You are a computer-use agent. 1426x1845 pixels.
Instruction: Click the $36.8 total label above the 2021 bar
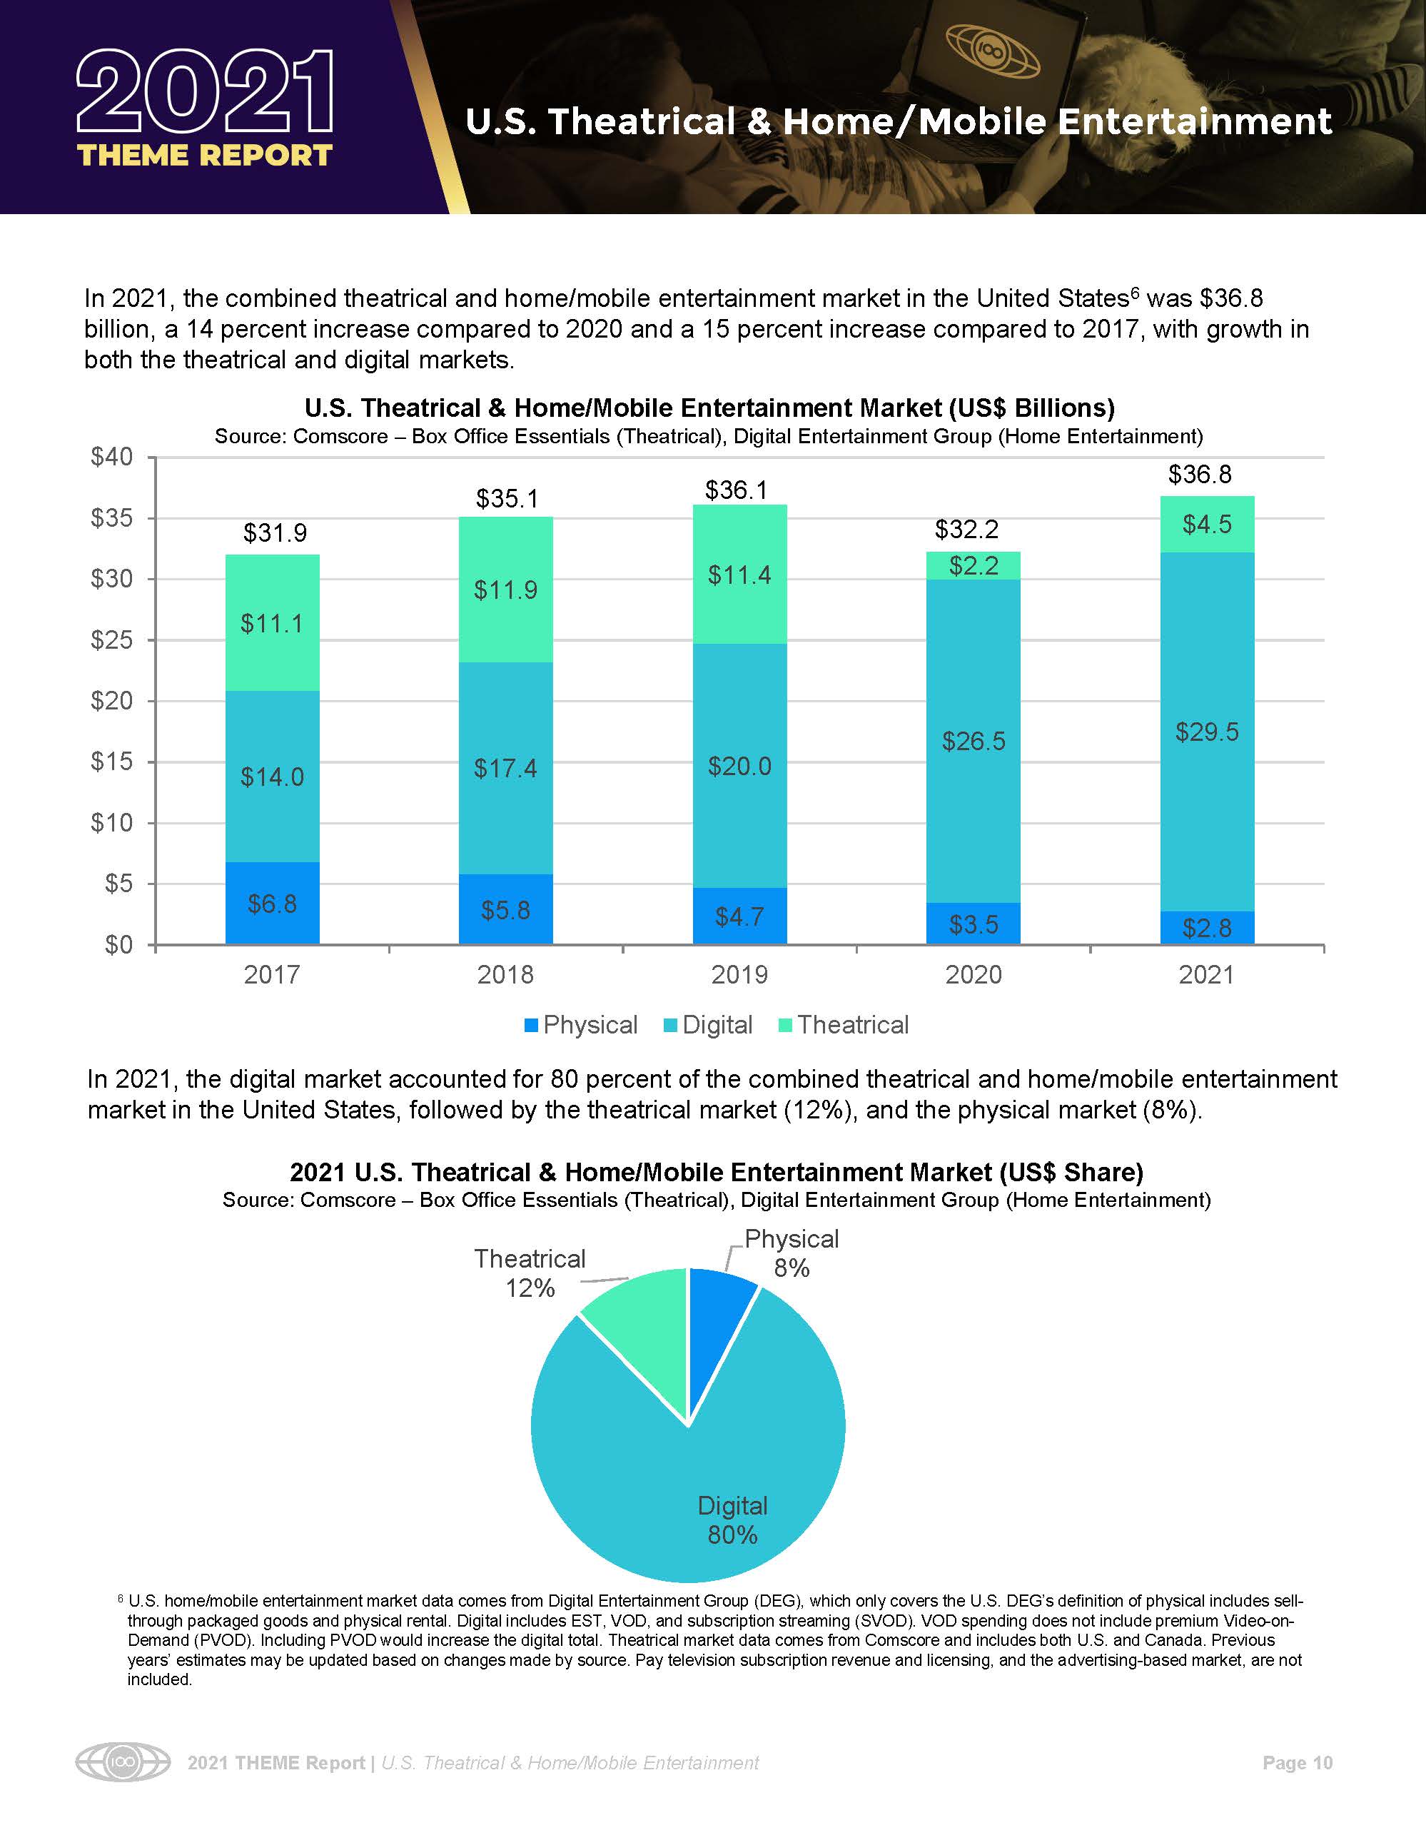(x=1200, y=475)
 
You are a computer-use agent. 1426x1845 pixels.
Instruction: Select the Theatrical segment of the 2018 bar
(x=505, y=590)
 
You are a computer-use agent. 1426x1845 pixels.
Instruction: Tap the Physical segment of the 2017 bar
(x=272, y=903)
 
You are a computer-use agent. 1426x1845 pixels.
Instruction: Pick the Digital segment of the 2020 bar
(x=974, y=741)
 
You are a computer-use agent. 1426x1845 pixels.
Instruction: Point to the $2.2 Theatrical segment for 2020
(x=974, y=565)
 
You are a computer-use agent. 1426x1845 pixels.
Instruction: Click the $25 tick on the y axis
(x=112, y=640)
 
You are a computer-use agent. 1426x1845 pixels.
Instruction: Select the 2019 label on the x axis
(x=739, y=975)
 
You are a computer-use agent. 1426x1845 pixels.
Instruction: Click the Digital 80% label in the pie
(x=732, y=1520)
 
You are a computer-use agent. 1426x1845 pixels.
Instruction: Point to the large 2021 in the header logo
(x=206, y=93)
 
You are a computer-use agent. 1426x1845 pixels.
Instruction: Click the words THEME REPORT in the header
(x=206, y=156)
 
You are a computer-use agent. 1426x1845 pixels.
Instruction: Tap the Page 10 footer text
(x=1297, y=1763)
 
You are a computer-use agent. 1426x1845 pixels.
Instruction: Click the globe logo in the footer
(x=123, y=1763)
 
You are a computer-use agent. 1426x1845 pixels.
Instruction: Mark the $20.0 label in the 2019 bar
(x=739, y=767)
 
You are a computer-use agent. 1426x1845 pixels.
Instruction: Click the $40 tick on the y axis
(x=112, y=457)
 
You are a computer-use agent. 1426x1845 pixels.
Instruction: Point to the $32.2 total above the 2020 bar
(x=966, y=530)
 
